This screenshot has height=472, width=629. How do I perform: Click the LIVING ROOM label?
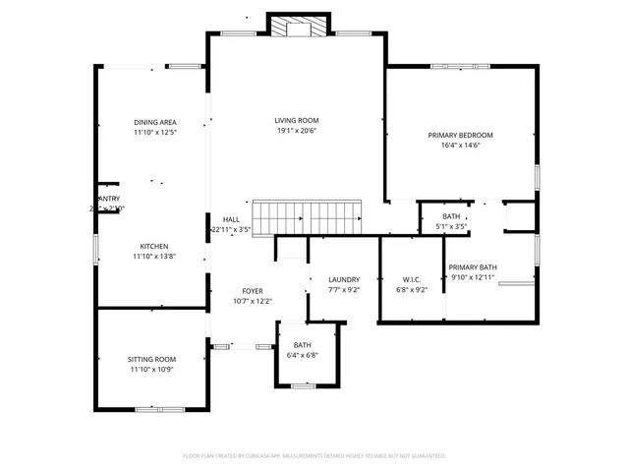297,121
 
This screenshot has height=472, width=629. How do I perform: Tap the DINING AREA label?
155,122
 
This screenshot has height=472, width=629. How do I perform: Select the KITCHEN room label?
153,246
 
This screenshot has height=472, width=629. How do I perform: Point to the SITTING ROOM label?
151,359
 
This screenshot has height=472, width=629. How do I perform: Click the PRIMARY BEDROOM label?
460,135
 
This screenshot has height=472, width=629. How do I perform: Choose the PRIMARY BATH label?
473,267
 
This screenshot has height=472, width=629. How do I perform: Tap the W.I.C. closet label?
412,279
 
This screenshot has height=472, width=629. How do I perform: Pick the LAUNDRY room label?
344,279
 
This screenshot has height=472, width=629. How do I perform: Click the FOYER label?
253,291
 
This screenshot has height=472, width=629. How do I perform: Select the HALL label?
231,219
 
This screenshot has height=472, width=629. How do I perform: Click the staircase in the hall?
308,216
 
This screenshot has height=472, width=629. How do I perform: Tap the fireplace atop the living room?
291,28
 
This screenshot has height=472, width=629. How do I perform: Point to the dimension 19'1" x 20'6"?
297,131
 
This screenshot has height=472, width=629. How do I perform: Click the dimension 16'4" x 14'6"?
460,146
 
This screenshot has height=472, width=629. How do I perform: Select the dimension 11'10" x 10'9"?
151,370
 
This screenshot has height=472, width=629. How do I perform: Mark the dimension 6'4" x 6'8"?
302,355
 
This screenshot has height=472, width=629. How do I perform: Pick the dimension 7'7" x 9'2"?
344,290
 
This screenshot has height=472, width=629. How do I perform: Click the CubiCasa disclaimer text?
314,456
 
